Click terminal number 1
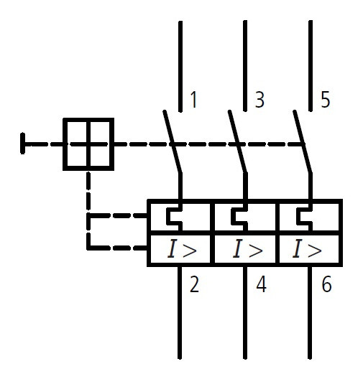pos(193,100)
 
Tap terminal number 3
pos(259,100)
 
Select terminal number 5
pos(325,100)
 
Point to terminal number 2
pos(194,285)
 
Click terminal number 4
pos(260,285)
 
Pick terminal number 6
pos(326,285)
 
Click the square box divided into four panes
pos(88,144)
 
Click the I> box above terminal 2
pos(180,250)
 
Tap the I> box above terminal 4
pos(245,250)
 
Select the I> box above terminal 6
pos(308,250)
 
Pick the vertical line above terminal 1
pos(180,61)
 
